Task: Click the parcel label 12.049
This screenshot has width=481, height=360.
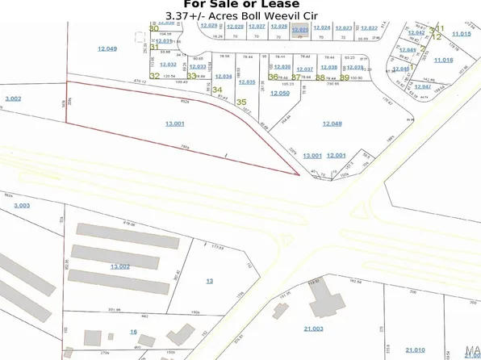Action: [107, 48]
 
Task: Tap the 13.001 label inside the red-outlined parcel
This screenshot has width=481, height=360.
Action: [175, 123]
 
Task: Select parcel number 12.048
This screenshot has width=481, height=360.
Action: [333, 123]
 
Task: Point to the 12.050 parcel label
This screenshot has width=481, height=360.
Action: [279, 93]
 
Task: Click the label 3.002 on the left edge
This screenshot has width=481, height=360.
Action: [12, 98]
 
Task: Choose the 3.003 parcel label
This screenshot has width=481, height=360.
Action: [21, 205]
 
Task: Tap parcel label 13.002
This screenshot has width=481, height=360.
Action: [120, 266]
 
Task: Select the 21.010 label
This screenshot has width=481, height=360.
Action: [415, 349]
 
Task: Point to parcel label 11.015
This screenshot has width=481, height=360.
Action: [461, 33]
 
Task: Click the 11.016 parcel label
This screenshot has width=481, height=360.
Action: [443, 60]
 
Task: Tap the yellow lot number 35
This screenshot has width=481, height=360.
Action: [241, 102]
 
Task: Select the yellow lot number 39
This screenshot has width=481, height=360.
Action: [345, 77]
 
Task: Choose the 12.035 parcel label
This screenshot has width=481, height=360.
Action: [247, 82]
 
